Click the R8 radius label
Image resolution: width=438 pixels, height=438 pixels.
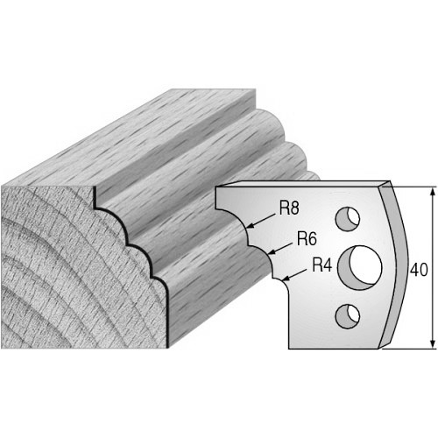pos(289,208)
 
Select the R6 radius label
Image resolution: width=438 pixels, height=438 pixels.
pos(307,239)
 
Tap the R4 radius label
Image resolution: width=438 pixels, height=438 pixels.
pos(321,265)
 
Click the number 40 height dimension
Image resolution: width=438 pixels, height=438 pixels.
pos(419,270)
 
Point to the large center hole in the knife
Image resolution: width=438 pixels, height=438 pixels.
pos(359,268)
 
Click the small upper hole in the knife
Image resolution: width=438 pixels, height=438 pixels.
pos(348,219)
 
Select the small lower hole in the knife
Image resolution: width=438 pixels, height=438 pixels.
pos(348,316)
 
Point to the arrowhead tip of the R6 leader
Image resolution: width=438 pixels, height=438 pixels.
pos(268,253)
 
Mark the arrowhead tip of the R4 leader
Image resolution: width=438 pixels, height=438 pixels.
pos(282,280)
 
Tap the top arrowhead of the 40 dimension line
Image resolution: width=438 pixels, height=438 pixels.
pos(433,187)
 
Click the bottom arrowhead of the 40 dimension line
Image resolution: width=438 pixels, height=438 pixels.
pos(433,348)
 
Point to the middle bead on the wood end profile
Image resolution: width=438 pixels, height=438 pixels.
pos(142,254)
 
